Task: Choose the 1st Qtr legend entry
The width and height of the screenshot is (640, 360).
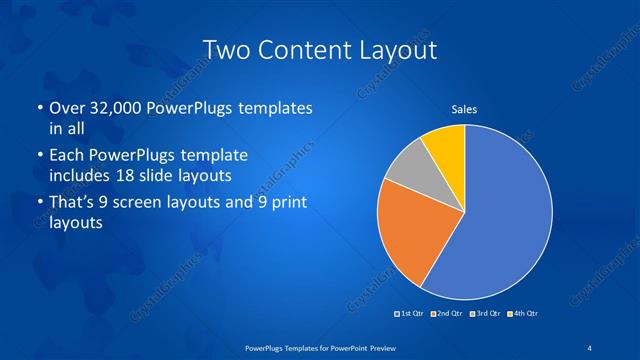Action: click(x=412, y=314)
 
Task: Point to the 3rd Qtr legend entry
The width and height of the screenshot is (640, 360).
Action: click(x=485, y=314)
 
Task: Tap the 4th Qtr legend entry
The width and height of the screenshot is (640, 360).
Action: click(x=524, y=314)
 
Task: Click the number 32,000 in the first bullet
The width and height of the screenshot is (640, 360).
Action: click(x=112, y=107)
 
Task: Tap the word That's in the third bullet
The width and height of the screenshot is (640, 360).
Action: click(x=74, y=203)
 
